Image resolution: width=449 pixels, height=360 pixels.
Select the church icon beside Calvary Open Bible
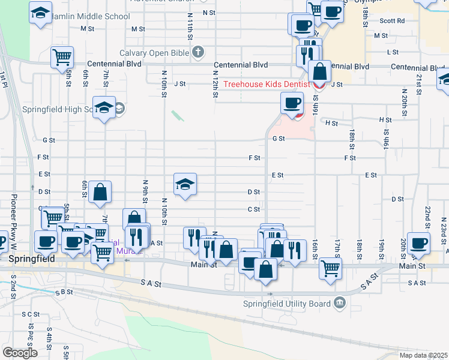(x=198, y=53)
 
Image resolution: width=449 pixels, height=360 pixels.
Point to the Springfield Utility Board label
(x=286, y=304)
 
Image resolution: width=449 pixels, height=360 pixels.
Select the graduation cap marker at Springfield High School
(x=104, y=107)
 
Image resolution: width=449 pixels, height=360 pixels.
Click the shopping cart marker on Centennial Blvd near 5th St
(x=62, y=57)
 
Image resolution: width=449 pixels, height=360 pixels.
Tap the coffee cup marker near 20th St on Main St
(x=418, y=243)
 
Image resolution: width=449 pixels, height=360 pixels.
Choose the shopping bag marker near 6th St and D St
(x=100, y=192)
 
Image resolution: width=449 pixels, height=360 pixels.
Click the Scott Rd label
(x=392, y=20)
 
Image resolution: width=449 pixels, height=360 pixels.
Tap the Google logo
(x=20, y=352)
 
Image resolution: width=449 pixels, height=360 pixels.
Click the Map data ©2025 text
(x=423, y=355)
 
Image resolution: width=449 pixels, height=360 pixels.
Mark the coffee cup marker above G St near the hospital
(x=292, y=103)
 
